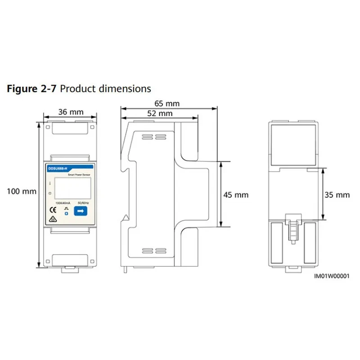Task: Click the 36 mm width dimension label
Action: (70, 112)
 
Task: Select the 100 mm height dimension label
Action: (21, 191)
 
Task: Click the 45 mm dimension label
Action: (236, 195)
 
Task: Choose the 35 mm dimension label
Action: (337, 195)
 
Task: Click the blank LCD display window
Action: (70, 188)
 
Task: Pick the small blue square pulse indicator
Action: (66, 213)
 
